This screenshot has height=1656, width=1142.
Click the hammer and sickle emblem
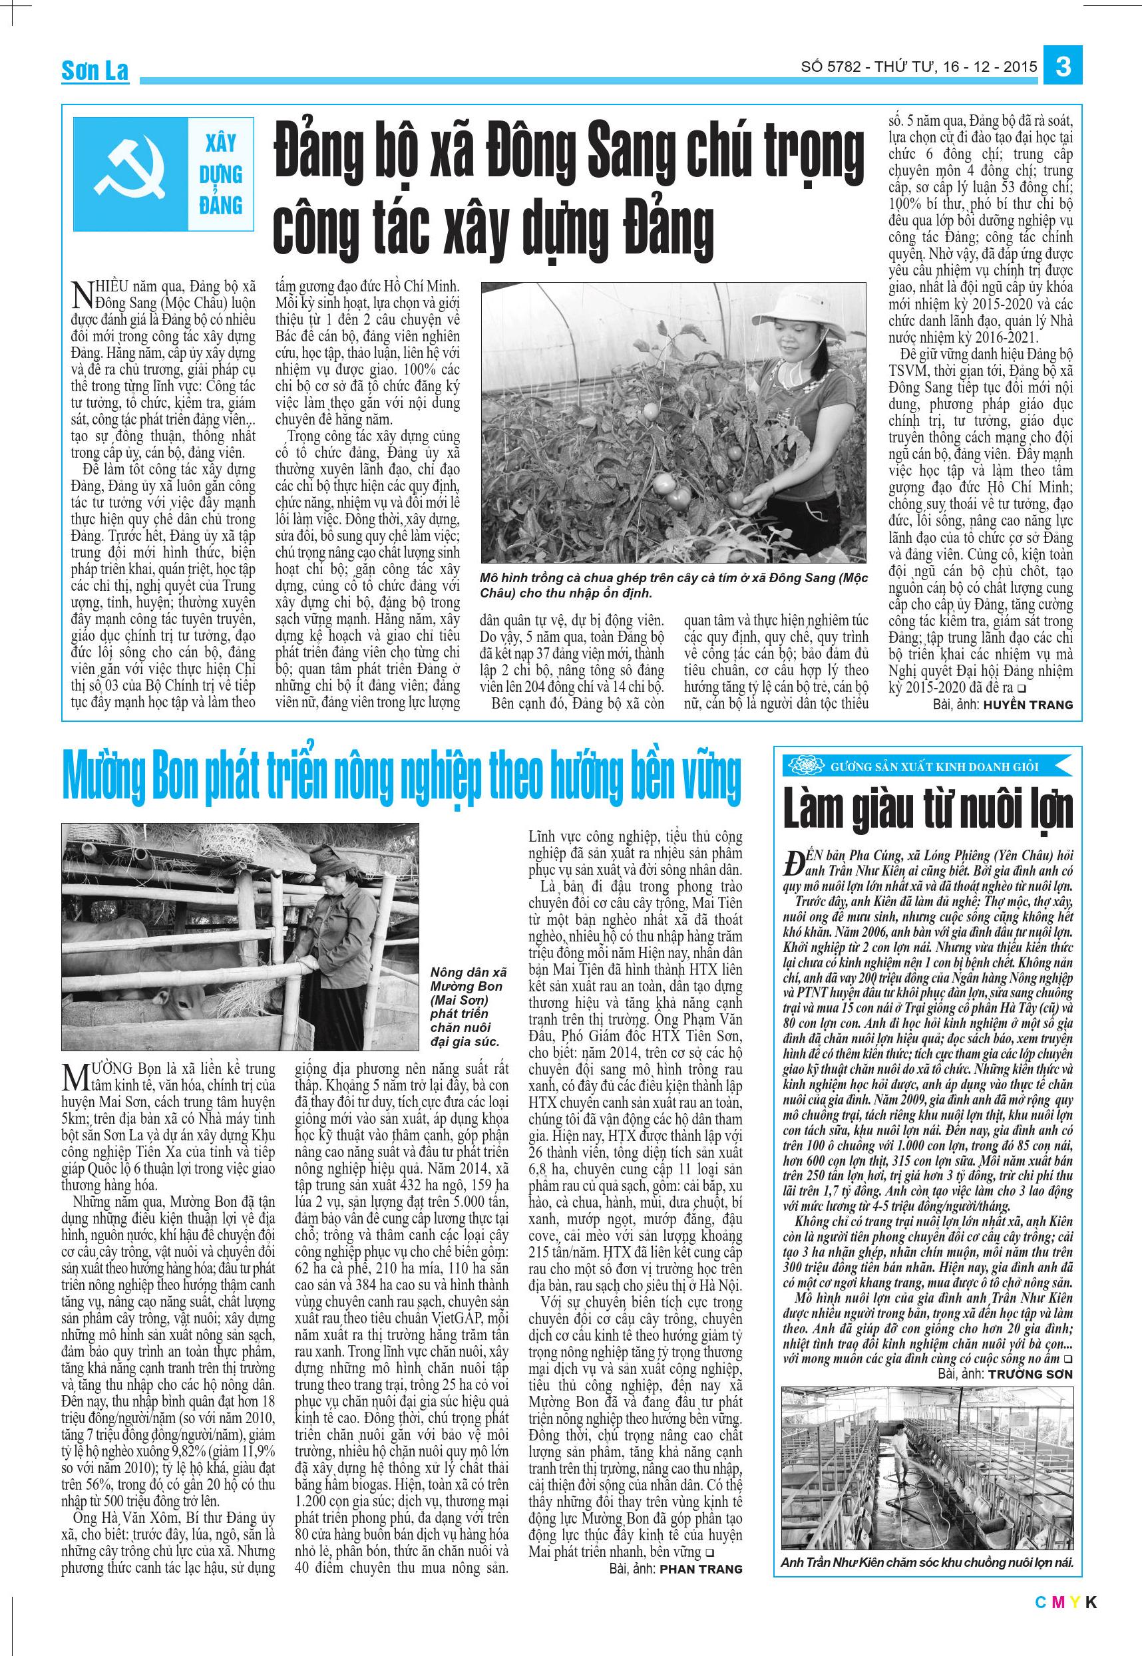click(130, 174)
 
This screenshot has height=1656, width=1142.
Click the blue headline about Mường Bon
click(401, 779)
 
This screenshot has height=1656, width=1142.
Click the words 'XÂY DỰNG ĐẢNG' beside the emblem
click(220, 174)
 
